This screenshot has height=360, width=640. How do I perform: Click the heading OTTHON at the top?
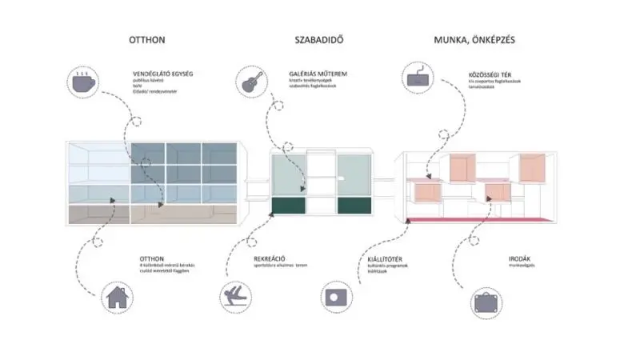tap(147, 40)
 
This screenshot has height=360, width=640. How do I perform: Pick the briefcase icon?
tap(486, 302)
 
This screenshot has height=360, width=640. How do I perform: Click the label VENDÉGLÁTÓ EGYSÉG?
tap(162, 74)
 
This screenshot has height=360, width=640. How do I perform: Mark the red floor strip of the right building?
tap(480, 218)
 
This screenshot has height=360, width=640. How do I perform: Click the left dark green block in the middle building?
tap(289, 206)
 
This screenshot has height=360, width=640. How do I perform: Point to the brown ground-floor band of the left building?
tap(152, 214)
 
